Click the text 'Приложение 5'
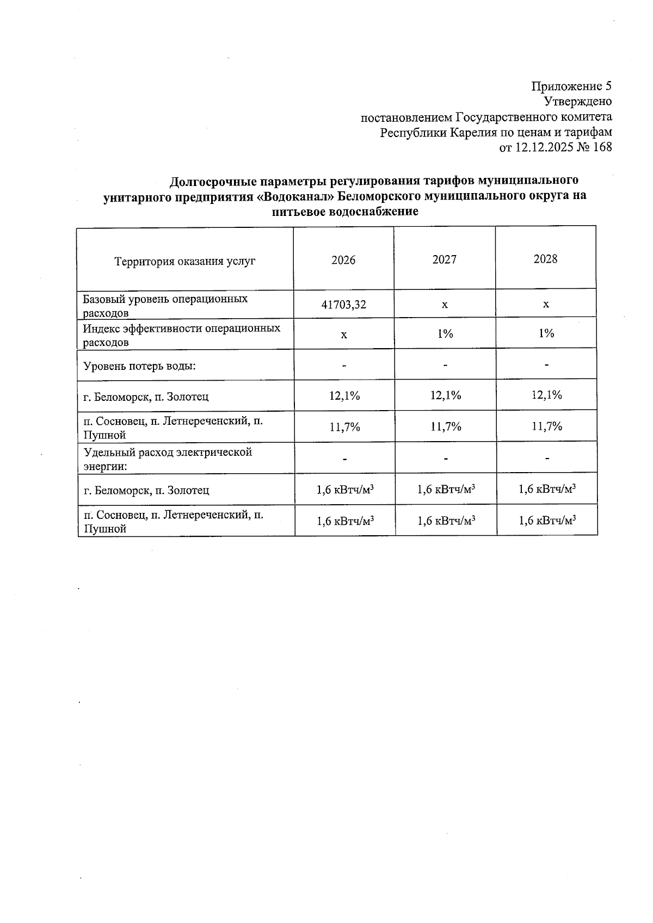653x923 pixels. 571,86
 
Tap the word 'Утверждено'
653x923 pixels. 578,101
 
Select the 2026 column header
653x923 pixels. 343,260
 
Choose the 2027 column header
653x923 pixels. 445,259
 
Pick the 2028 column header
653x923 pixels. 545,259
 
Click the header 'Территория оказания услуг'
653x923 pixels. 185,261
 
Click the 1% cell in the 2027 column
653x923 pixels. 445,333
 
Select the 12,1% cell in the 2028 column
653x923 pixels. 546,395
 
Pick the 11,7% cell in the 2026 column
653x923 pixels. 344,427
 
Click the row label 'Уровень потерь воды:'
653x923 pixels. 139,366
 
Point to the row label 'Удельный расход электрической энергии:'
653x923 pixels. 167,459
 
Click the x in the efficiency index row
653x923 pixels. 344,334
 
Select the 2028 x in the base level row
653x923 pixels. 546,305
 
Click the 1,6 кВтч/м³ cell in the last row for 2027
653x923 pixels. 446,521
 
